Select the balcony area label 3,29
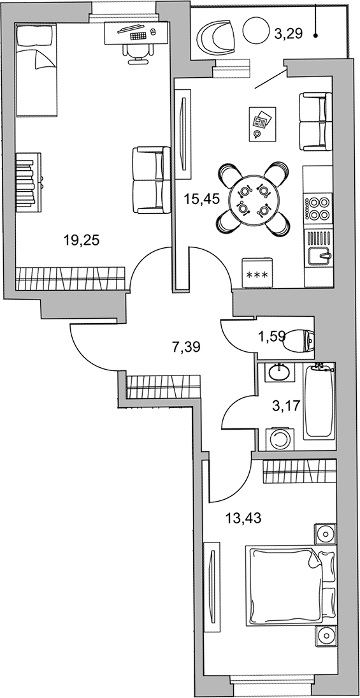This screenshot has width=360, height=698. click(x=289, y=34)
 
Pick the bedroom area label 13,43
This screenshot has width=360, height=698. click(x=243, y=518)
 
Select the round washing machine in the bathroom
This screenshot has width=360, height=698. click(x=280, y=440)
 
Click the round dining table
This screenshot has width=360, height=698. click(x=253, y=200)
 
